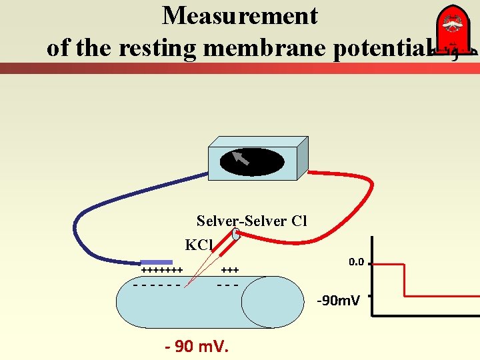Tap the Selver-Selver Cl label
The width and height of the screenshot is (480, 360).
click(x=251, y=221)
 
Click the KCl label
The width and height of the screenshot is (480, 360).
click(x=199, y=245)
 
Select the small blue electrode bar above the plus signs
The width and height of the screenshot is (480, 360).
click(x=154, y=263)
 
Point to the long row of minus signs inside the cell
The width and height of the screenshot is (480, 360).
click(x=157, y=285)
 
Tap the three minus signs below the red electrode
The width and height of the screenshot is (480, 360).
click(x=228, y=285)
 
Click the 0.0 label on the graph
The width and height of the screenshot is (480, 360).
click(x=356, y=262)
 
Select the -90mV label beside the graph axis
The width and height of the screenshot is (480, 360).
click(x=338, y=301)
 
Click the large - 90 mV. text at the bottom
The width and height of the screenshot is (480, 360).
click(x=197, y=347)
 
